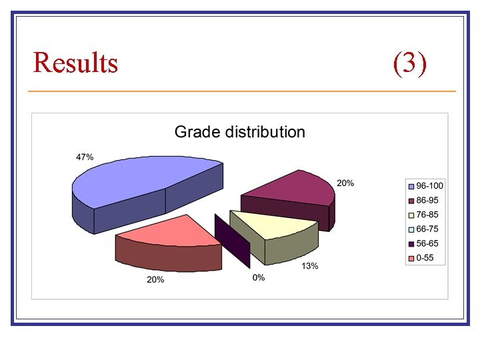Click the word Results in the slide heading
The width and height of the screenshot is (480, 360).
75,63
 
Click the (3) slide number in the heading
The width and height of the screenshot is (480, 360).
409,63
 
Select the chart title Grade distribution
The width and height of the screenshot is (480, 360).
239,132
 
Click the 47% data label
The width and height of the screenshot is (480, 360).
85,157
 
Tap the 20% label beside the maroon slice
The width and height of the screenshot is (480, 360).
345,183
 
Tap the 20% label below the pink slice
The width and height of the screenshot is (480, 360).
155,280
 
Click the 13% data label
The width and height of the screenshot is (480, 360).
309,266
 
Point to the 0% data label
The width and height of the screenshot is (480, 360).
258,277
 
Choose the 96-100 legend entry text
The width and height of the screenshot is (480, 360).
429,185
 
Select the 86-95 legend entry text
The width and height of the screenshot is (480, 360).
427,200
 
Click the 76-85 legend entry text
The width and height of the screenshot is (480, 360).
427,215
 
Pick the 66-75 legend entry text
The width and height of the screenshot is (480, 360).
427,229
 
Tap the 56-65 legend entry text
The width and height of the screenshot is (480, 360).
427,244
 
